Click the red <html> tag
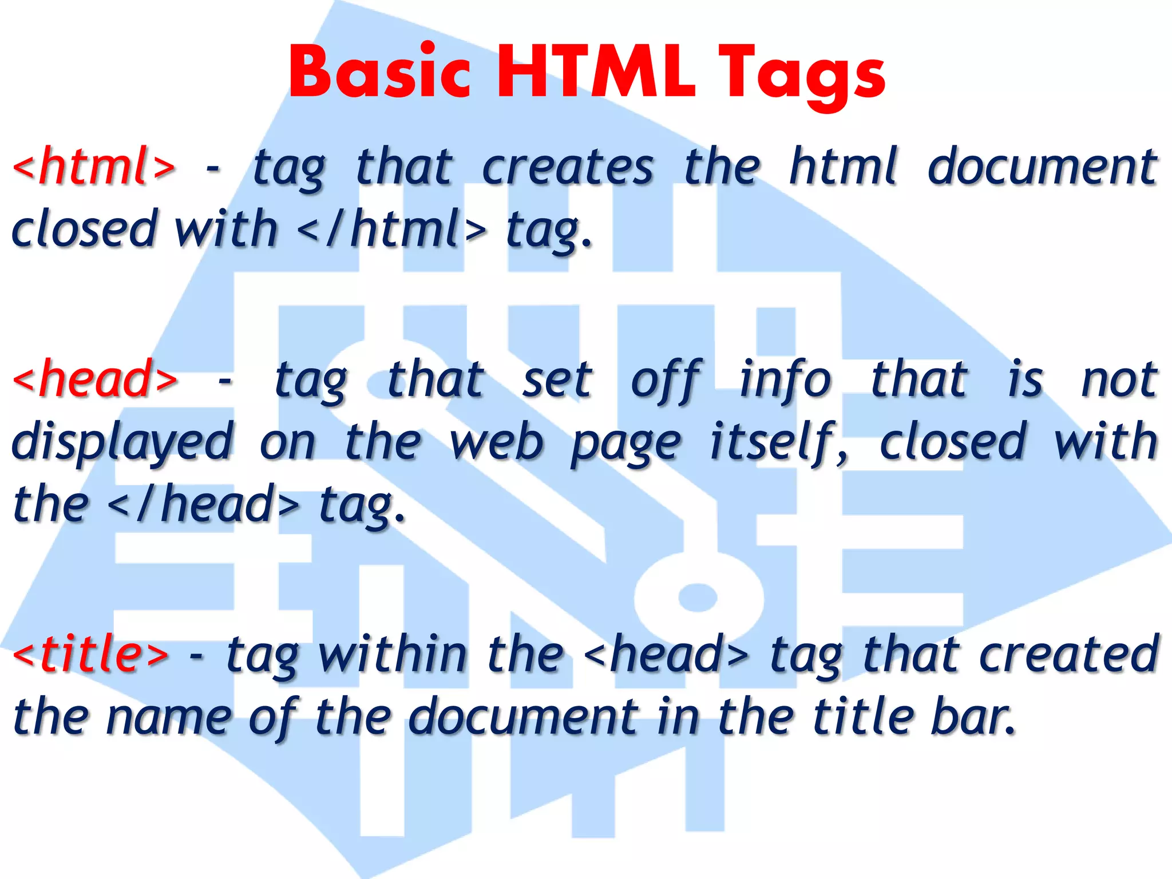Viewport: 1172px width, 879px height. coord(94,167)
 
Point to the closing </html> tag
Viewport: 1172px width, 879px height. coord(392,229)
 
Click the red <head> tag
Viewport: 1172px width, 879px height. coord(95,379)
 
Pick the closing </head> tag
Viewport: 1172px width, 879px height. coord(203,505)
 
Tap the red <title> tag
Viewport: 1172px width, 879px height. coord(91,654)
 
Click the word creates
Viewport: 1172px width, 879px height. coord(567,167)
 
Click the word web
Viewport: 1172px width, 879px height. coord(496,442)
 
